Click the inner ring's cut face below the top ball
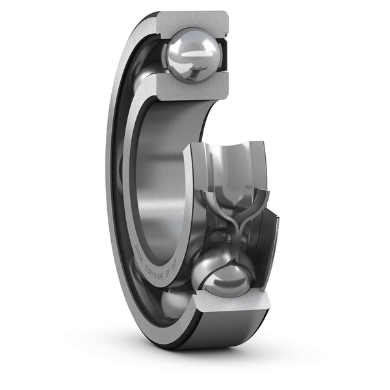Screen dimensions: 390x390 188,88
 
